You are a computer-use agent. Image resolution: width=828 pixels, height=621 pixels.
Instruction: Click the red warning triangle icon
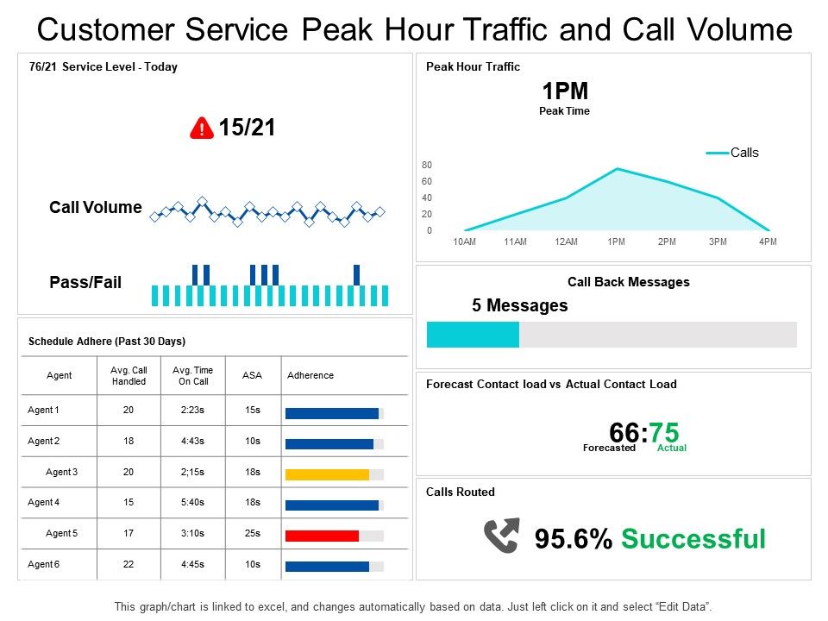tap(201, 129)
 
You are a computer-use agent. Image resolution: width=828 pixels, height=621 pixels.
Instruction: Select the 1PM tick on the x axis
tap(617, 242)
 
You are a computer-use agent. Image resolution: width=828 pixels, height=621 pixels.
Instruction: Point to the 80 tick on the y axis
tap(427, 165)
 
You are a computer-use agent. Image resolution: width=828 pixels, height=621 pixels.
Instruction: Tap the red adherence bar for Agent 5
tap(322, 536)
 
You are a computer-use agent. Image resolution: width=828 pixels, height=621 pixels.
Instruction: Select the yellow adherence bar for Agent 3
tap(327, 474)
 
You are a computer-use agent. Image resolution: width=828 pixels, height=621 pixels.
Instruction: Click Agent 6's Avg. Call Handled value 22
tap(129, 565)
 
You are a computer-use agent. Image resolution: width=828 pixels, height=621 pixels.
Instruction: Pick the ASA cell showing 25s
tap(252, 534)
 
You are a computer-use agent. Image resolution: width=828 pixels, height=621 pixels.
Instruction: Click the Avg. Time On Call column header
tap(192, 375)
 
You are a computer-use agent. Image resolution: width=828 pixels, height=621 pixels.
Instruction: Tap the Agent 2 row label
tap(44, 441)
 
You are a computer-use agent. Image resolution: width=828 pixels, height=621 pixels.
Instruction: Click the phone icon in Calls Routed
tap(501, 536)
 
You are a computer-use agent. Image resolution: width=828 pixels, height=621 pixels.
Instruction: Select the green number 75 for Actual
tap(665, 431)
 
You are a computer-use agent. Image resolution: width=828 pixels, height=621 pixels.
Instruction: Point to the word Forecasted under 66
tap(609, 448)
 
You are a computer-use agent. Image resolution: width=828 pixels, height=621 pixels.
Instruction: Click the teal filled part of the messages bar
tap(473, 335)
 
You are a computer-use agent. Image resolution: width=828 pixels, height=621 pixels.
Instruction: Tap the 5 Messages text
tap(519, 305)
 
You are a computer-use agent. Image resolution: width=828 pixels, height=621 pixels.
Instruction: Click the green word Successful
tap(693, 539)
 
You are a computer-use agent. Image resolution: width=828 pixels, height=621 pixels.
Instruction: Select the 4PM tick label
tap(768, 242)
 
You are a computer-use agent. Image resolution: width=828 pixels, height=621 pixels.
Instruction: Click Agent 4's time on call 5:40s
tap(192, 503)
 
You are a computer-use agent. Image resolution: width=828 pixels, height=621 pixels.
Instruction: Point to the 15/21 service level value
tap(247, 129)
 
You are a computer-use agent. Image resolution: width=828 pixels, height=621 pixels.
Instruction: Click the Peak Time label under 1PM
tap(564, 111)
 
